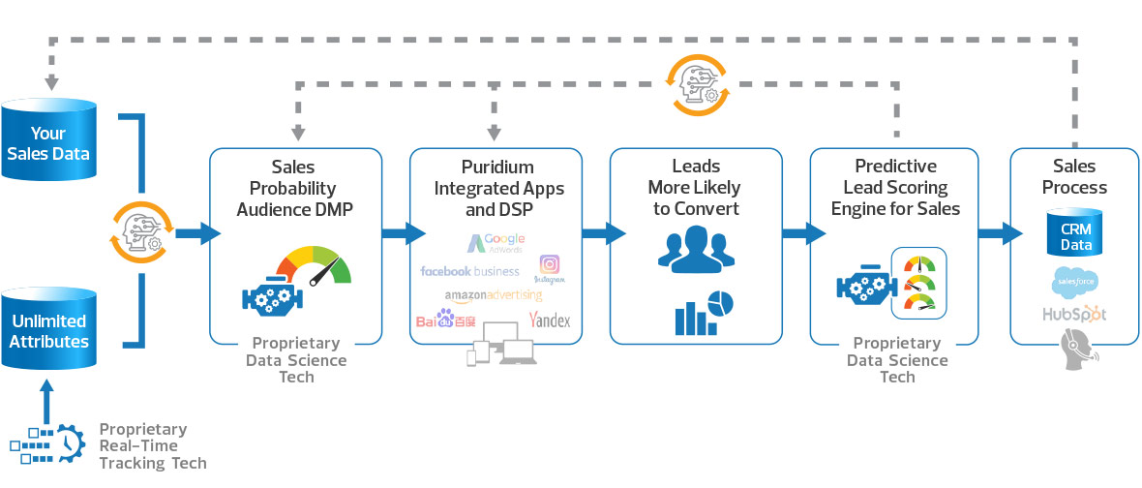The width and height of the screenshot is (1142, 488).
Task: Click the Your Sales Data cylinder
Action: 48,142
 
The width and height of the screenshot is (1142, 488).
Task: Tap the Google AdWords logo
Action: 496,243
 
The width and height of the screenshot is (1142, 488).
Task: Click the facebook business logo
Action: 469,271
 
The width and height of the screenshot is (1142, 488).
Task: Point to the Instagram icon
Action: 549,267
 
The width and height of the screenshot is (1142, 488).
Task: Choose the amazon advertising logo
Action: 494,295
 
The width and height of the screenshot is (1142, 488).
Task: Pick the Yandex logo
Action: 550,320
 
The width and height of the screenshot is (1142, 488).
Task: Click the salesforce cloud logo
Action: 1073,283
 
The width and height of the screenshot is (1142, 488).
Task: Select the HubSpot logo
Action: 1073,314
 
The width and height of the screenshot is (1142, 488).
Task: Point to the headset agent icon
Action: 1075,350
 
